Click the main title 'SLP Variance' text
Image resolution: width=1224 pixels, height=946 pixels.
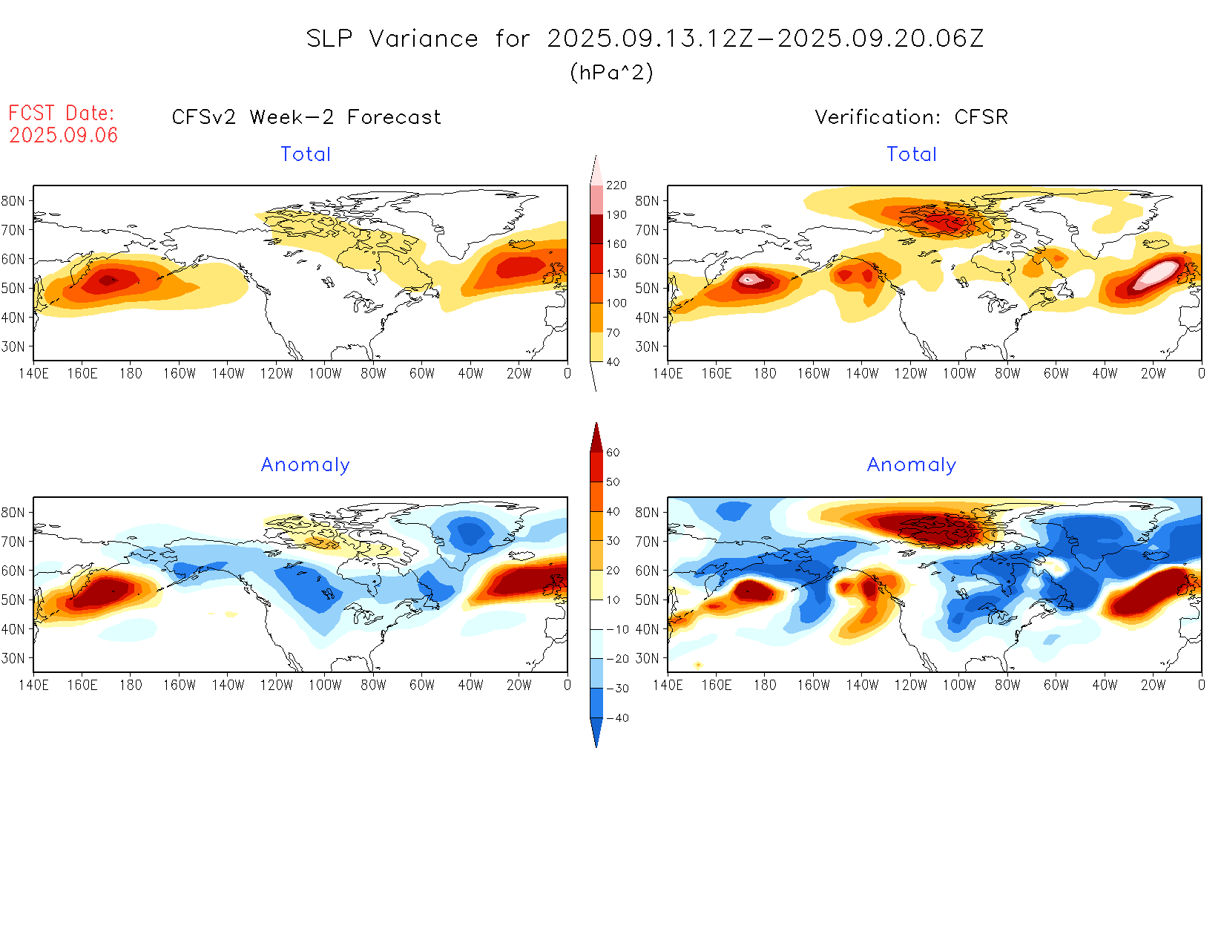point(392,39)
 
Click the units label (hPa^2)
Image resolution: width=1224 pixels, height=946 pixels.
point(611,72)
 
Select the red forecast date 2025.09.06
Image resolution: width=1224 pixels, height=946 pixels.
point(64,135)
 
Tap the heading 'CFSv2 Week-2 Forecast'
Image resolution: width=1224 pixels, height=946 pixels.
point(306,117)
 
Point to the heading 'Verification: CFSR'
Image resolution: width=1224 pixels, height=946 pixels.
point(912,117)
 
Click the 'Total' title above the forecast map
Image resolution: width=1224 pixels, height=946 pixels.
point(306,154)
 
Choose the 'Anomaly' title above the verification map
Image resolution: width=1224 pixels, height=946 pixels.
point(912,464)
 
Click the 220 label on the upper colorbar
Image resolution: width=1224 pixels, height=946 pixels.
point(616,185)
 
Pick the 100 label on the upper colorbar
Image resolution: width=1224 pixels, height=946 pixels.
point(616,303)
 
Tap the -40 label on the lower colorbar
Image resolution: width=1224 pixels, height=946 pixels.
point(617,718)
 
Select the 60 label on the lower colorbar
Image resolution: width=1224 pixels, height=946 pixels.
point(613,453)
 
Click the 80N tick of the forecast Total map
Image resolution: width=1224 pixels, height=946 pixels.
point(13,200)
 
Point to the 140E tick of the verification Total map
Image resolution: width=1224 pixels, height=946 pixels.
point(668,374)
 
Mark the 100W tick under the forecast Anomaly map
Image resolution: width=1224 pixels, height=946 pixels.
point(325,685)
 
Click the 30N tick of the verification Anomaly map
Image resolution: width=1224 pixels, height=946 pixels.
point(647,658)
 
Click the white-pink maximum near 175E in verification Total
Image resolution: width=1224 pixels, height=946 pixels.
point(750,279)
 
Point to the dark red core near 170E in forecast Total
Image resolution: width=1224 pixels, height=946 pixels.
point(108,280)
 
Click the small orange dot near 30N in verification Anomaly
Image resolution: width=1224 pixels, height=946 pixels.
point(698,665)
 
